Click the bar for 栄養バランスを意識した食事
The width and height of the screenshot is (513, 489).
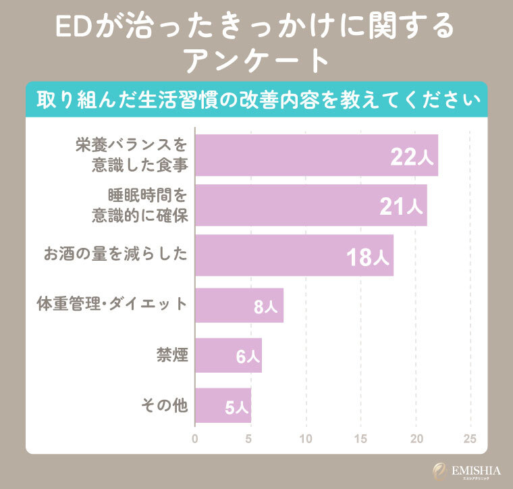pyautogui.click(x=316, y=155)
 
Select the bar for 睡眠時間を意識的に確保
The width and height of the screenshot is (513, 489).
pyautogui.click(x=310, y=206)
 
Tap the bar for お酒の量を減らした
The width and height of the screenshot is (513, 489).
pyautogui.click(x=294, y=255)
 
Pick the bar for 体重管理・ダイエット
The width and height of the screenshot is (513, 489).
pyautogui.click(x=239, y=305)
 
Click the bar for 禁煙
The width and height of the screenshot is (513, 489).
pyautogui.click(x=228, y=355)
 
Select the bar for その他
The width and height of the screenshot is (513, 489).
pyautogui.click(x=223, y=406)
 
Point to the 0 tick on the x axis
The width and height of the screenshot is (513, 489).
pyautogui.click(x=195, y=438)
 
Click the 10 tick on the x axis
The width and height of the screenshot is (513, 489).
pyautogui.click(x=306, y=438)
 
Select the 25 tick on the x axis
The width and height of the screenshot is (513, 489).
pyautogui.click(x=470, y=438)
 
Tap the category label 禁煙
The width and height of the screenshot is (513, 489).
pyautogui.click(x=171, y=355)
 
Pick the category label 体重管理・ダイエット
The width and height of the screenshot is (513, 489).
pyautogui.click(x=111, y=305)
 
